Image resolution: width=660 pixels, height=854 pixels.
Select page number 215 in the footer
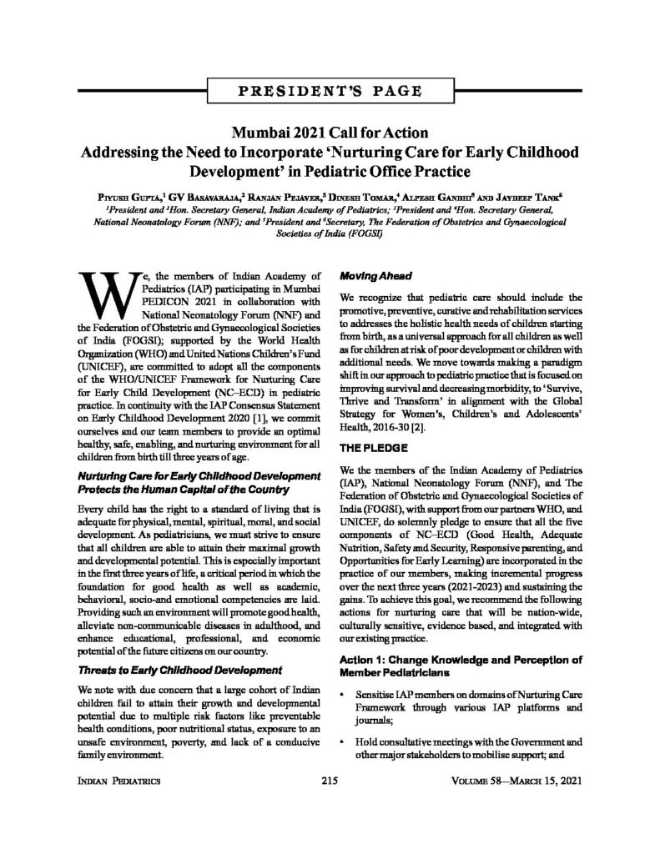329,781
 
